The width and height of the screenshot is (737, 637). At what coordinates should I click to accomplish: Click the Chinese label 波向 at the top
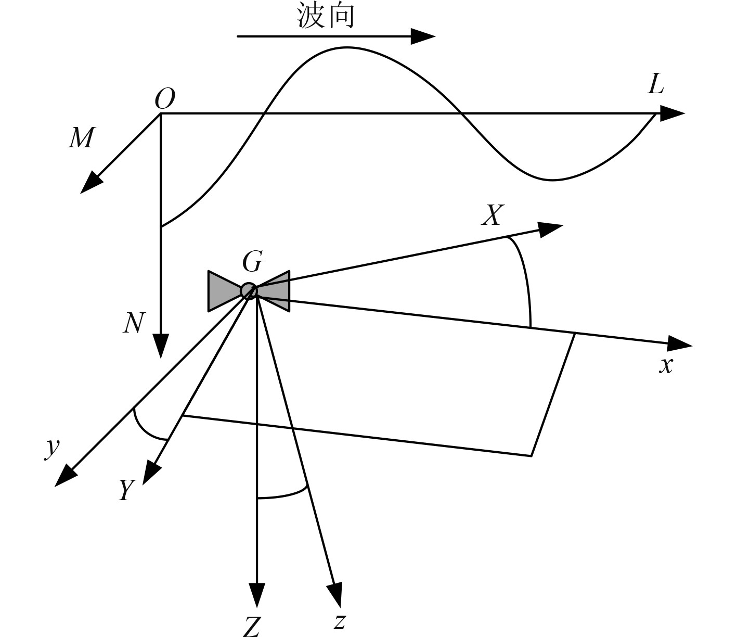[x=326, y=15]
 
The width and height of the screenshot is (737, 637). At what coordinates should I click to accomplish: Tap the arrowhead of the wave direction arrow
[x=422, y=36]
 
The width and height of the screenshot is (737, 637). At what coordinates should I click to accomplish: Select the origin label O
[x=165, y=99]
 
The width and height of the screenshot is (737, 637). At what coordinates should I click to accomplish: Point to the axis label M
[x=81, y=138]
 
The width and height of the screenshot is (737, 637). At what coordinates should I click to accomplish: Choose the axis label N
[x=133, y=323]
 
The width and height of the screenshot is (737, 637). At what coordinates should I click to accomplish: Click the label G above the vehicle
[x=252, y=262]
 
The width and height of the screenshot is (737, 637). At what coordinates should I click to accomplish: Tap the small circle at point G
[x=249, y=291]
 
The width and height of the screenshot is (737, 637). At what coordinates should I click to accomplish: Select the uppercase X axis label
[x=492, y=215]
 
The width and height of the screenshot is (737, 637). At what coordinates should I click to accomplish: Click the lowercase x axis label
[x=666, y=365]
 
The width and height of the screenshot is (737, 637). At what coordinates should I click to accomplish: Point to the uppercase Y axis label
[x=125, y=490]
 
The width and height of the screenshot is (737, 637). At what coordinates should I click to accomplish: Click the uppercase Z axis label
[x=252, y=627]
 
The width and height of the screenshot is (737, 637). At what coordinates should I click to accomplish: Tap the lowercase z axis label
[x=340, y=621]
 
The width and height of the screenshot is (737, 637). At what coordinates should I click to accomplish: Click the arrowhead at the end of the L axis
[x=672, y=113]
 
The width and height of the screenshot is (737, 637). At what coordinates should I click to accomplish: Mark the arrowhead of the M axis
[x=92, y=183]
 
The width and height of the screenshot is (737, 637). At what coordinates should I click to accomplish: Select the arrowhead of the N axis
[x=161, y=345]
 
